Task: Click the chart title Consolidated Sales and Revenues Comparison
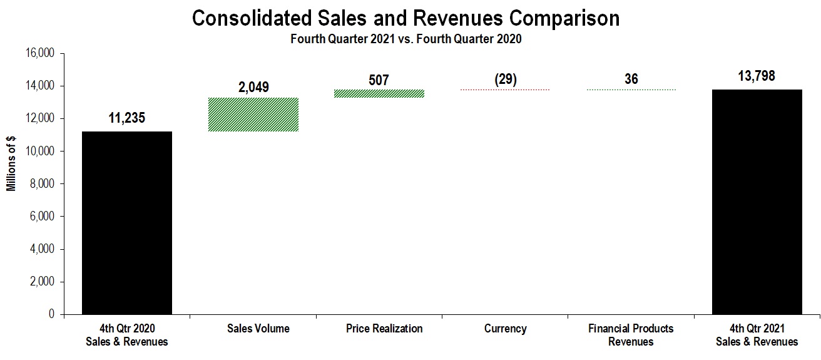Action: tap(405, 18)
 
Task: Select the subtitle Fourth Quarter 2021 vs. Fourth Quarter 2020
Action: tap(405, 39)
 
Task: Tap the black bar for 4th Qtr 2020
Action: tap(127, 222)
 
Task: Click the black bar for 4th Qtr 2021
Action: tap(757, 202)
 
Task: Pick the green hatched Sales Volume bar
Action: tap(253, 115)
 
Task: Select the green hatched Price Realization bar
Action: tap(379, 93)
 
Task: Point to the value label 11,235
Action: tap(127, 118)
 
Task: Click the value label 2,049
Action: tap(253, 87)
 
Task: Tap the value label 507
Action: tap(379, 80)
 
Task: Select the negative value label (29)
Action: tap(505, 80)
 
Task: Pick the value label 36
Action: tap(631, 80)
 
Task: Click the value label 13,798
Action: tap(757, 76)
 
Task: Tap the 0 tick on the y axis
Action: tap(52, 314)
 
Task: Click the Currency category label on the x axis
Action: tap(505, 329)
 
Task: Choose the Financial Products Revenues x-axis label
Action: tap(631, 335)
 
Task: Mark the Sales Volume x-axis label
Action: tap(253, 329)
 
